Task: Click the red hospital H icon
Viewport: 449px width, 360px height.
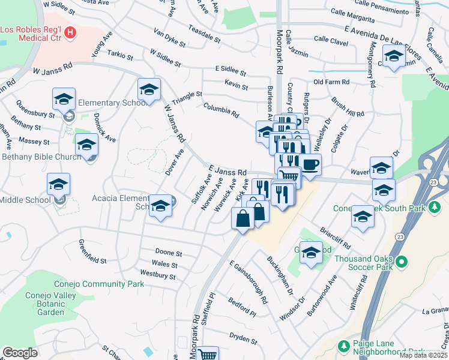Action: [x=71, y=32]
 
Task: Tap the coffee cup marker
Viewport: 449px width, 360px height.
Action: [x=310, y=165]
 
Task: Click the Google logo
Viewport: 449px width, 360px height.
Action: [x=20, y=353]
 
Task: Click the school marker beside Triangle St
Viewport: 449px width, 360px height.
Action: [x=149, y=90]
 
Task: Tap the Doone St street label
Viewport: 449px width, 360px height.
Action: [x=168, y=253]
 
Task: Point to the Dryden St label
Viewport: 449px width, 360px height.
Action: [x=243, y=338]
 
